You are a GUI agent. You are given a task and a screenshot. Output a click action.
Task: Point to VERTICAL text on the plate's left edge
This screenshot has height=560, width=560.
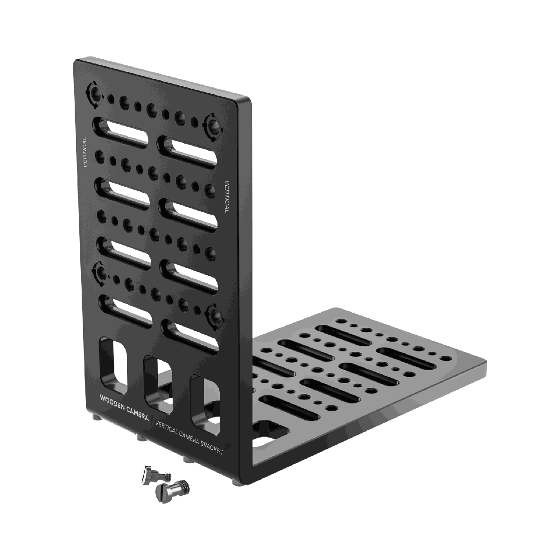click(85, 152)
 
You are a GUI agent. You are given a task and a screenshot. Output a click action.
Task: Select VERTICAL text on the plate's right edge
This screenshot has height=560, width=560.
click(227, 196)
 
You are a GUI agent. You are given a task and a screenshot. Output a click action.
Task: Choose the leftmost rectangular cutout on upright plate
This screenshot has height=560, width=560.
click(113, 364)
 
